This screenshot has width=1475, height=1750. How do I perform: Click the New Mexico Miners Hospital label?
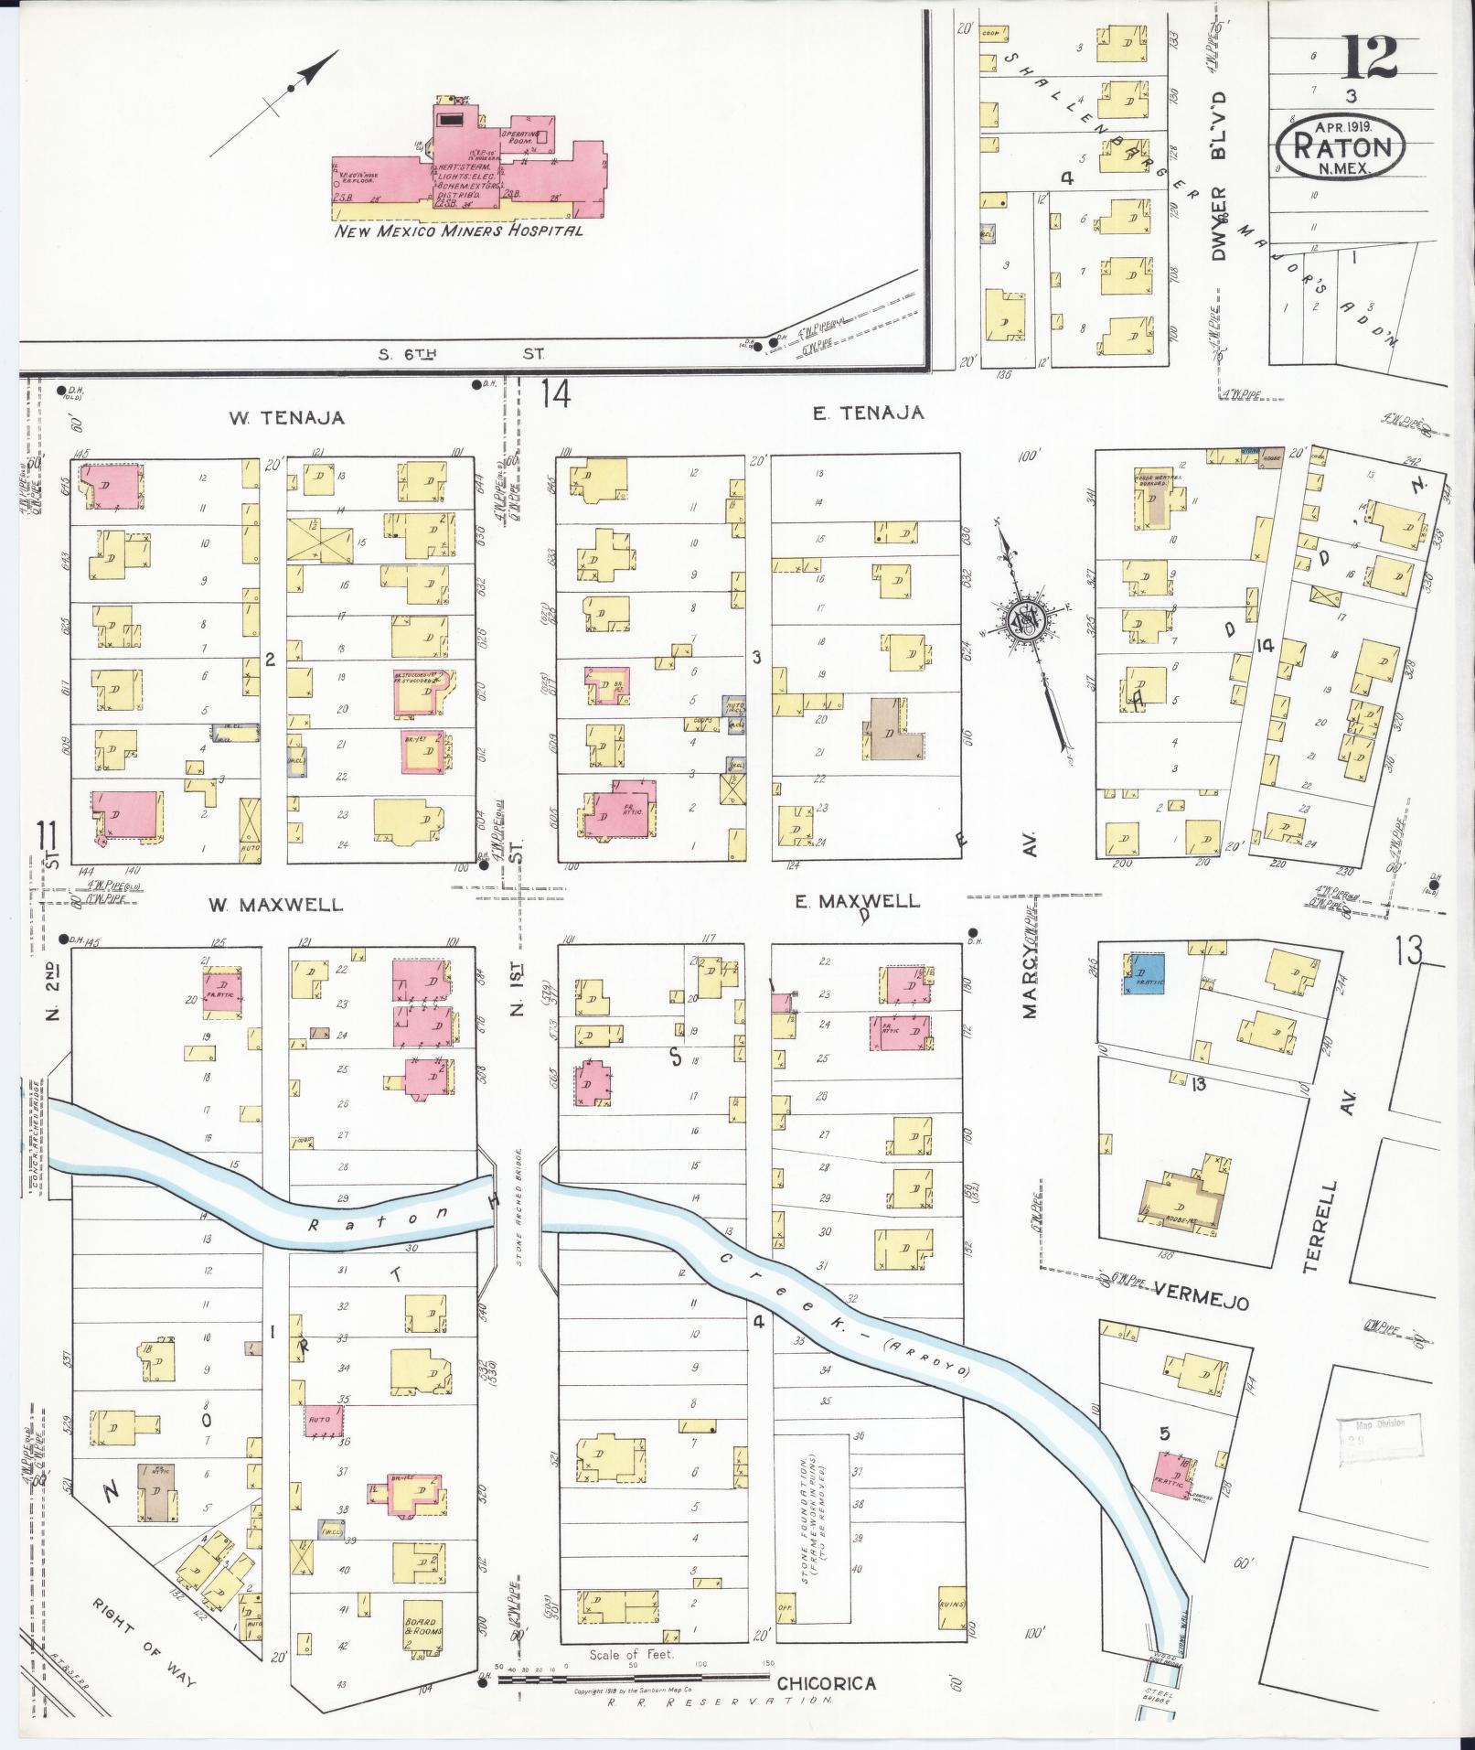458,231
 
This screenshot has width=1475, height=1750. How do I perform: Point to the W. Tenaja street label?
286,417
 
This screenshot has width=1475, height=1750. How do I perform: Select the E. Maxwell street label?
857,901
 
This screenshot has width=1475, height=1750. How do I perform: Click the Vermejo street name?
1201,1303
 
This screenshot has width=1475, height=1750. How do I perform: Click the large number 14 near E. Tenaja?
554,395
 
